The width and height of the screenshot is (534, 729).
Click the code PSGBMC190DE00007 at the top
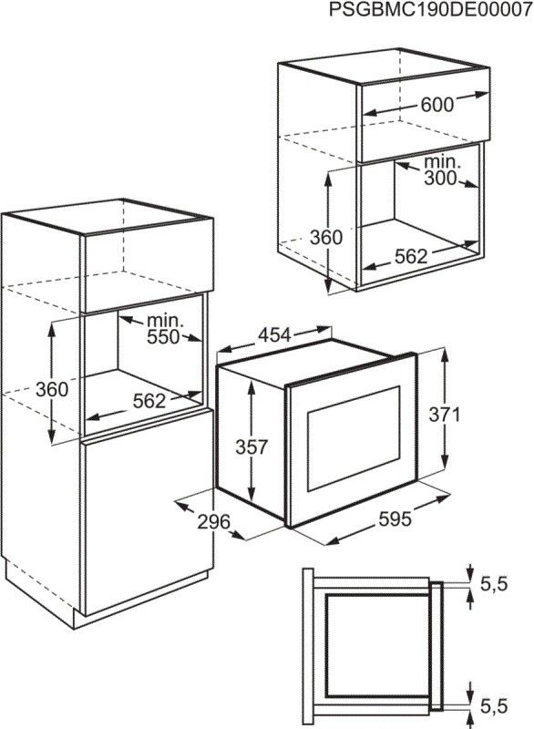click(x=430, y=10)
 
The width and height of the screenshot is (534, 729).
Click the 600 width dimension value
click(x=436, y=105)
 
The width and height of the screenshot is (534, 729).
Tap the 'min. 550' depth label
click(x=164, y=329)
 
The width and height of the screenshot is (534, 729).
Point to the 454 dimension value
click(x=274, y=335)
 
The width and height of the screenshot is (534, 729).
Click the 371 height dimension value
click(x=445, y=415)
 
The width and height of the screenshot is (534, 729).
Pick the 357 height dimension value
click(x=252, y=447)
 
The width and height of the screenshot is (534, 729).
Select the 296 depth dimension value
click(x=214, y=521)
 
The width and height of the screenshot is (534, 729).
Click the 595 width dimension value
click(x=395, y=519)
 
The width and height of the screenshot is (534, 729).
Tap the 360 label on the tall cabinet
click(x=52, y=389)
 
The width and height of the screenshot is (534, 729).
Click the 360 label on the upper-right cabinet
click(x=326, y=238)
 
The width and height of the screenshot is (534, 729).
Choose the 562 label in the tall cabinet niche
click(x=149, y=401)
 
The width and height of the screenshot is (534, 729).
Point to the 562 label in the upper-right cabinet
click(x=411, y=256)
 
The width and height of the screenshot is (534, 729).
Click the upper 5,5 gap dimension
click(x=494, y=584)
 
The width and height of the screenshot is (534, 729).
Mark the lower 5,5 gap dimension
click(x=494, y=706)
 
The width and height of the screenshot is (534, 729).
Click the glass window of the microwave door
click(x=354, y=438)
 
